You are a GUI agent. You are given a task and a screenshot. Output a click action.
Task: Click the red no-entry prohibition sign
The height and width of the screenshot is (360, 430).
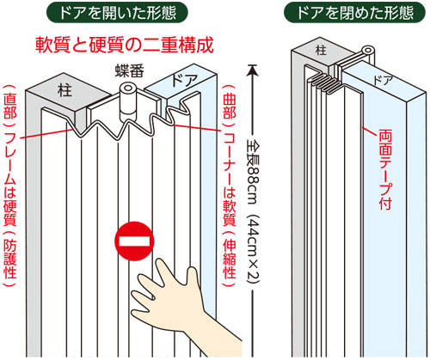tap(134, 241)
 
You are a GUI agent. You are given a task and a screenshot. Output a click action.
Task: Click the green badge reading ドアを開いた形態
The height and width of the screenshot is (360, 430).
tap(117, 13)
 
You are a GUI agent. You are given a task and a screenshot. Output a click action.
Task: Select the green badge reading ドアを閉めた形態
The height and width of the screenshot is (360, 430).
tap(354, 13)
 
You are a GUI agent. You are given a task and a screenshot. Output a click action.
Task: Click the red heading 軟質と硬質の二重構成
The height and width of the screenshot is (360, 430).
tap(125, 46)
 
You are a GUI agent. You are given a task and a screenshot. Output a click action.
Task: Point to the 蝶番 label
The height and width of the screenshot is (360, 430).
tap(130, 70)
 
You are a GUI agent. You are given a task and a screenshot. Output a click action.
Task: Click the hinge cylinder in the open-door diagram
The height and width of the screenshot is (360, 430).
tap(127, 101)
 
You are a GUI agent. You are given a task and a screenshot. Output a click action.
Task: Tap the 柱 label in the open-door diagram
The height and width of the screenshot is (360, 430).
tap(64, 89)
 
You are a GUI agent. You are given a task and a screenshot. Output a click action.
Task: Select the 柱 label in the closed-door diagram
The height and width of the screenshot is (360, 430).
tap(321, 50)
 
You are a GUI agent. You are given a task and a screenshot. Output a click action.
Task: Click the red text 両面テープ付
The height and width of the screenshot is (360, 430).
tap(385, 170)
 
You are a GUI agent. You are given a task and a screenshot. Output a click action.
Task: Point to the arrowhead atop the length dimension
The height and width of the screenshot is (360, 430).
tap(252, 70)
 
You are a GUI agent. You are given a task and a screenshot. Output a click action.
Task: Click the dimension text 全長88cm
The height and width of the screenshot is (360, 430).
tap(252, 173)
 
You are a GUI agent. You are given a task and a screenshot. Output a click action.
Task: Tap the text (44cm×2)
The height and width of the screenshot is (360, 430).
tap(252, 248)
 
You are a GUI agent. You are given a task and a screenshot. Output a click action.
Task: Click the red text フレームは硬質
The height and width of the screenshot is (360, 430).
tap(10, 179)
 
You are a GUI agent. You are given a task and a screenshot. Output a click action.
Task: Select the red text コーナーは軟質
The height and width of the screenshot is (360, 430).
tap(230, 176)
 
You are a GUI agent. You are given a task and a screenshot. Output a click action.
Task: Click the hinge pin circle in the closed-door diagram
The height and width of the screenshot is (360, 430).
tap(367, 51)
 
